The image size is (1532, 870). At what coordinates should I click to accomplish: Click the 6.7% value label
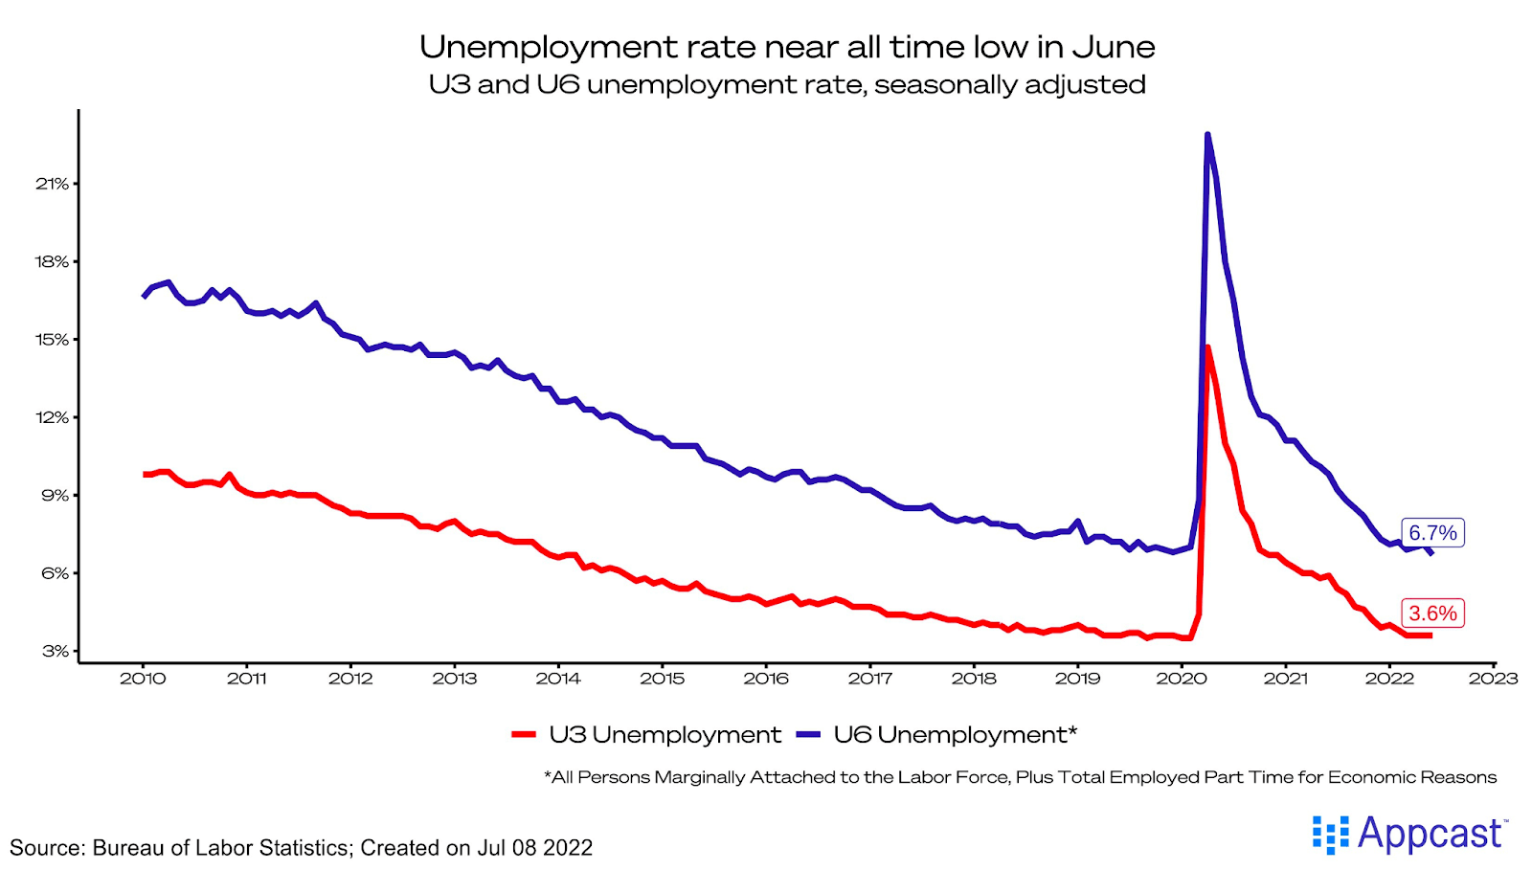coord(1432,533)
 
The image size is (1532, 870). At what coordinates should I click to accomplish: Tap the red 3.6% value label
coord(1432,613)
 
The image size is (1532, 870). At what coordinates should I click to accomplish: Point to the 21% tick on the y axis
coord(53,184)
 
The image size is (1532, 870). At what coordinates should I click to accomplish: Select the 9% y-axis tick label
coord(55,496)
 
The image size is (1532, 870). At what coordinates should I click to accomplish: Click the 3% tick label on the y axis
coord(55,651)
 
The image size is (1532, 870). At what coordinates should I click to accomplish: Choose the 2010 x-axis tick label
coord(143,679)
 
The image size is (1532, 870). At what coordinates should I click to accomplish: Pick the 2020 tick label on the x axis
coord(1182,679)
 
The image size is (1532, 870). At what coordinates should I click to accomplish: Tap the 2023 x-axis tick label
coord(1493,679)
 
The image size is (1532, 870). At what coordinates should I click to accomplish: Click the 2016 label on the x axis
coord(766,679)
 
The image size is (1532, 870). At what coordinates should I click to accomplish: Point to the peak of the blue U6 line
coord(1207,135)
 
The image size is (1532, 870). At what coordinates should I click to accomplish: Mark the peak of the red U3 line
coord(1207,347)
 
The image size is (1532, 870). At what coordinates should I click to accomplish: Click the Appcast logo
coord(1409,834)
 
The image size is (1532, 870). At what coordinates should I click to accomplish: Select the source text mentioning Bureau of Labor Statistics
coord(301,848)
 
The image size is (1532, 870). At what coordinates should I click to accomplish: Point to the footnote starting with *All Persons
coord(1020,777)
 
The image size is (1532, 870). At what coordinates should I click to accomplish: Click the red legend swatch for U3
coord(524,735)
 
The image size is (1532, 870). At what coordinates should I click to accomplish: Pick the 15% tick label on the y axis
coord(53,340)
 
